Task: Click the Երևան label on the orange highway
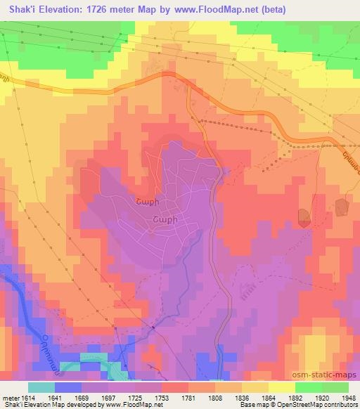[x=346, y=159]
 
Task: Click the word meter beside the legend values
[x=8, y=398]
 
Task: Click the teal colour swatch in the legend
[x=41, y=387]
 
